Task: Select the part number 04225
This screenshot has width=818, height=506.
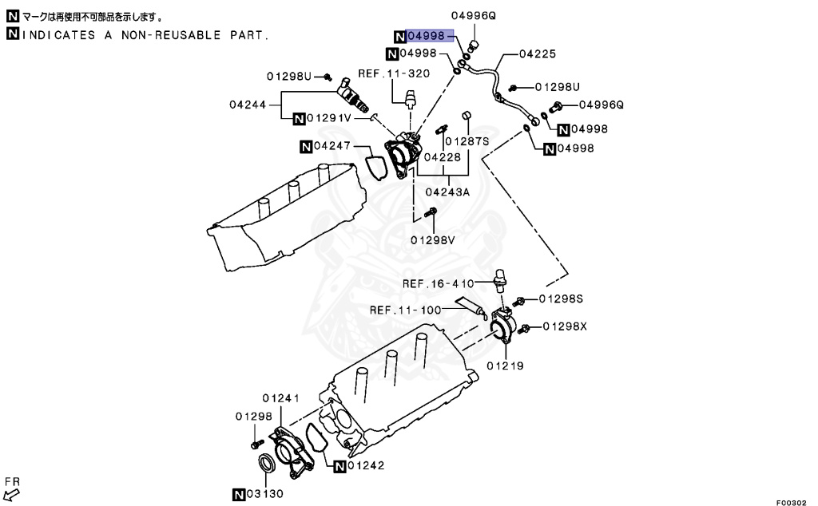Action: [x=538, y=54]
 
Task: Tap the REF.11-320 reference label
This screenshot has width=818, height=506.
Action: [x=394, y=73]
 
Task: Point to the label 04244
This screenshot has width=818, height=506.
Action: [x=251, y=104]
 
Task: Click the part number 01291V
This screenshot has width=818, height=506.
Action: [x=330, y=118]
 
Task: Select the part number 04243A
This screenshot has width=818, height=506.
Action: [x=448, y=192]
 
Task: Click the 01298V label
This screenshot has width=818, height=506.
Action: [x=433, y=239]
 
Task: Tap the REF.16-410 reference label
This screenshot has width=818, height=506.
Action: [x=439, y=283]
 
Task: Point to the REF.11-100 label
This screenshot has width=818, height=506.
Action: [x=406, y=310]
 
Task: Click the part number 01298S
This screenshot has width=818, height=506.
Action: [x=561, y=298]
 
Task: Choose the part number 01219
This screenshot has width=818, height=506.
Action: [x=505, y=366]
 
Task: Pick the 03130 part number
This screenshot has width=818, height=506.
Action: [x=264, y=493]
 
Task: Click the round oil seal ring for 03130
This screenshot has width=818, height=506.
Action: [x=267, y=464]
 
